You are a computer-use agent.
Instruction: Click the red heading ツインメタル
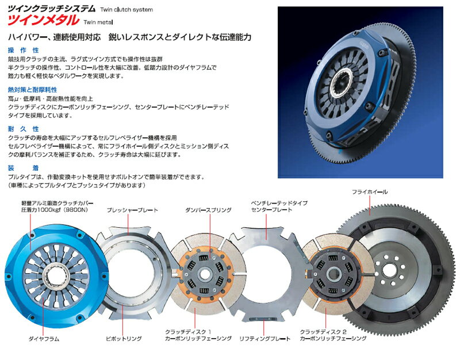click(43, 20)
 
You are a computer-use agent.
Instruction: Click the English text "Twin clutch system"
click(126, 10)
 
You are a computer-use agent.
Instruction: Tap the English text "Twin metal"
click(98, 22)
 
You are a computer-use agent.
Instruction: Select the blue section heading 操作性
click(24, 50)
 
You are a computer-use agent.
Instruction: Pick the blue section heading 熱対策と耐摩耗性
click(33, 90)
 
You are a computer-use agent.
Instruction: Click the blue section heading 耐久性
click(24, 129)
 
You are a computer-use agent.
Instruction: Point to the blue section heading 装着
click(24, 168)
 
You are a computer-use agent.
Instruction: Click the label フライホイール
click(370, 192)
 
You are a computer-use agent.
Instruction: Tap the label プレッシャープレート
click(132, 210)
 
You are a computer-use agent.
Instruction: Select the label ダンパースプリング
click(208, 210)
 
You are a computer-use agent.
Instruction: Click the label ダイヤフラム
click(44, 339)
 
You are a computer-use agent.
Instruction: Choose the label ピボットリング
click(124, 339)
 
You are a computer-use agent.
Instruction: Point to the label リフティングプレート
click(264, 339)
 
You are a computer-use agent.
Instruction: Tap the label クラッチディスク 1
click(188, 332)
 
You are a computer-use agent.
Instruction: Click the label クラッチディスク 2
click(323, 332)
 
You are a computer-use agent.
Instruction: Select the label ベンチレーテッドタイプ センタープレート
click(279, 206)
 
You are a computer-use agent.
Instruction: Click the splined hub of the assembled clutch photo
click(341, 83)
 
